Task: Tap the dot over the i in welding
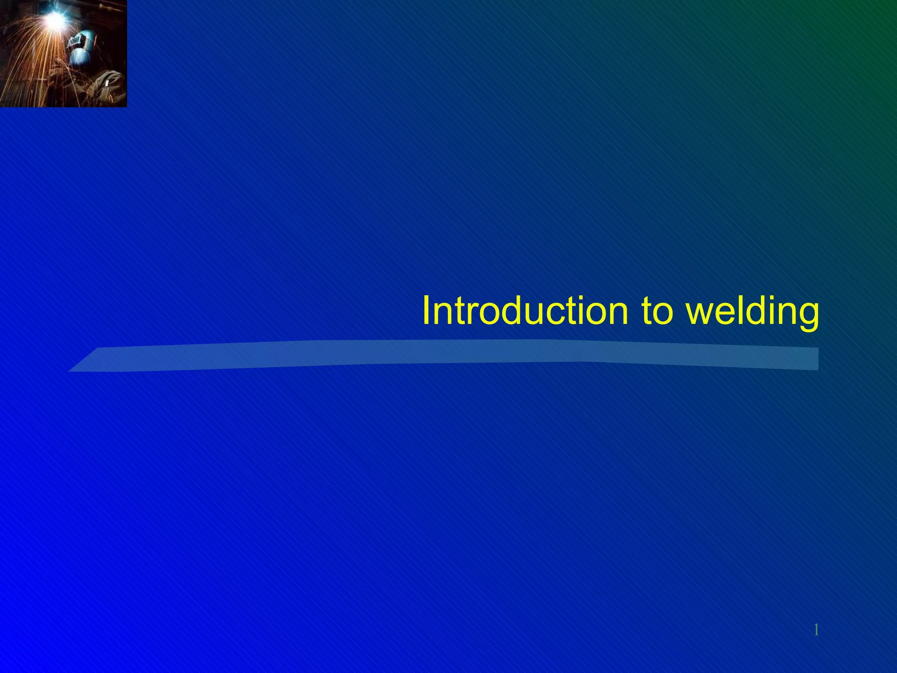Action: (764, 298)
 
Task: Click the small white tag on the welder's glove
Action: (107, 82)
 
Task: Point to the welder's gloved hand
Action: (105, 85)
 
